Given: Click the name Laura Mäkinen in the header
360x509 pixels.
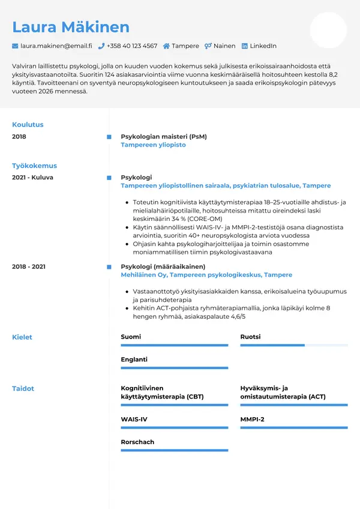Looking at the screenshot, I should click(x=71, y=27).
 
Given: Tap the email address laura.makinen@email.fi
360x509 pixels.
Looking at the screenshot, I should click(x=56, y=46).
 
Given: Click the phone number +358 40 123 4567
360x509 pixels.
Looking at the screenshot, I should click(x=131, y=46).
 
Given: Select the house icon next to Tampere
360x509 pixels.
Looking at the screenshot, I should click(x=166, y=46).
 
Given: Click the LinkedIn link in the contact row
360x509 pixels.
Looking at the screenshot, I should click(x=263, y=46).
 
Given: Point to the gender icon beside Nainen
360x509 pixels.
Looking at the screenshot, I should click(x=208, y=46).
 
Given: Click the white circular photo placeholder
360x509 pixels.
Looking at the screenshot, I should click(x=328, y=30).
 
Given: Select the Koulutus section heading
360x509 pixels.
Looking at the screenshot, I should click(x=28, y=125).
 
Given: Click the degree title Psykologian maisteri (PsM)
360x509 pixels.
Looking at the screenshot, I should click(x=163, y=136).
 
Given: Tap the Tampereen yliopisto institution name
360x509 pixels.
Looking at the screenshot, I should click(x=153, y=145).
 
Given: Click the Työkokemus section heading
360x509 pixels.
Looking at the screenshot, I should click(x=34, y=166).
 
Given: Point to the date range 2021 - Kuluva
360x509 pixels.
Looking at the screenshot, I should click(x=32, y=178).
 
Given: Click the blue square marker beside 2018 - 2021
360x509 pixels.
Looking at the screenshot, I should click(x=109, y=267).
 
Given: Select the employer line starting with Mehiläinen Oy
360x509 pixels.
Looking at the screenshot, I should click(x=206, y=275).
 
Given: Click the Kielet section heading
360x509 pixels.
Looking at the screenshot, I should click(x=22, y=337).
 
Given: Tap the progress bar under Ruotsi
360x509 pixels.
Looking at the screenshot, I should click(x=293, y=345).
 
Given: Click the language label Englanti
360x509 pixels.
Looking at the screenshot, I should click(x=134, y=360).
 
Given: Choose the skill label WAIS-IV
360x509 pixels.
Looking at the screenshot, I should click(x=134, y=419).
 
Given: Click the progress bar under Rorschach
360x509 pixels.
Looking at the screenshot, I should click(x=174, y=450).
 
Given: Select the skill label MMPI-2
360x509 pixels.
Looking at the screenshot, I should click(x=252, y=419).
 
